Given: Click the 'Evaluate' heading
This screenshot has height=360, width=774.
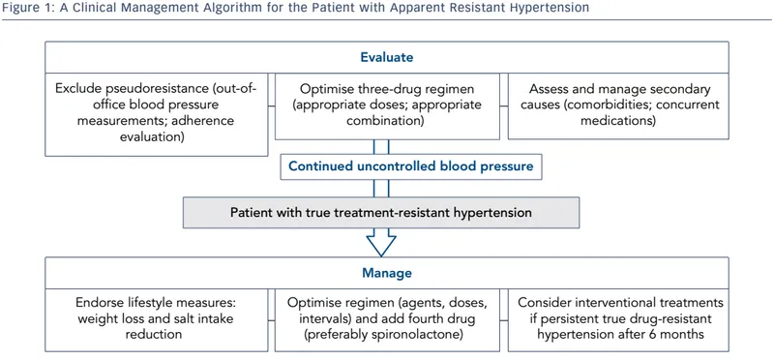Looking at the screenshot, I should pyautogui.click(x=387, y=56).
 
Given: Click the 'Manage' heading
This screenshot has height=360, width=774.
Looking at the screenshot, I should pyautogui.click(x=387, y=273).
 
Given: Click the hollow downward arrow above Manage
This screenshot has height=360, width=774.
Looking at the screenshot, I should pyautogui.click(x=387, y=239).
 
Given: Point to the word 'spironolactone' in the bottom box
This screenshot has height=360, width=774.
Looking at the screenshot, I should pyautogui.click(x=426, y=335).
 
